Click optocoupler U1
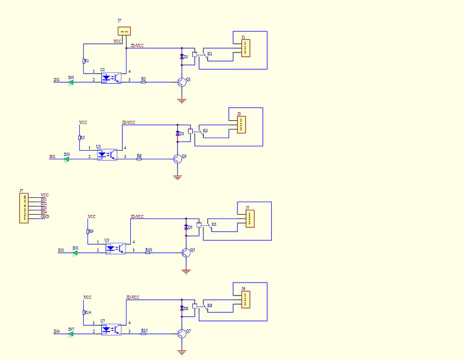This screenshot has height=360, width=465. click(x=111, y=78)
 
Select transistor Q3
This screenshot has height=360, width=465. click(x=177, y=158)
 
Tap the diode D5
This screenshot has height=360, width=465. click(x=186, y=227)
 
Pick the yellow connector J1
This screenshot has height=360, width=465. click(x=246, y=48)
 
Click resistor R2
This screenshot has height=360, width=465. click(x=143, y=82)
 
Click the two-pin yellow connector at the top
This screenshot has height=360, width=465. click(x=124, y=31)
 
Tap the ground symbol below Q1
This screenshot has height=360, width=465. click(x=182, y=101)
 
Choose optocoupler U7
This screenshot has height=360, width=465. click(x=111, y=330)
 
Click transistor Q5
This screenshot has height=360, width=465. click(x=186, y=252)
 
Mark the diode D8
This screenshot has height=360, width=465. click(x=182, y=308)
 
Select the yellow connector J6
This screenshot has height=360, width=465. click(x=246, y=299)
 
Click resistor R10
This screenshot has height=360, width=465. click(x=148, y=253)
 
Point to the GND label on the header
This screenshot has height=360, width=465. click(x=45, y=217)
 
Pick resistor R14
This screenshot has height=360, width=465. click(x=84, y=313)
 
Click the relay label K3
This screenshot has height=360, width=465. click(x=205, y=131)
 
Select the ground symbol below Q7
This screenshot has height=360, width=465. click(x=182, y=353)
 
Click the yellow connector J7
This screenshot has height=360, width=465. click(x=250, y=219)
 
